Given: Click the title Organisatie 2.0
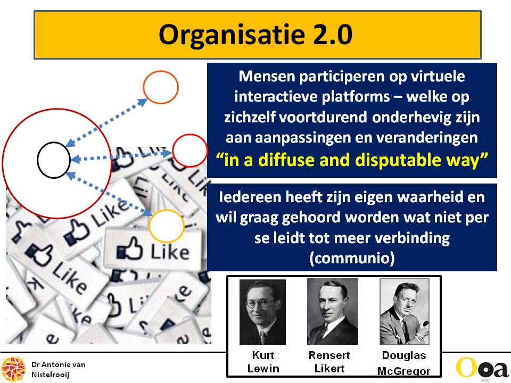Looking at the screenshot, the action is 255,34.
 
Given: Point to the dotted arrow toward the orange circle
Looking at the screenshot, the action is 106,122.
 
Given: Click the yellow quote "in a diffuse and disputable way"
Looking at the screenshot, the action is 352,160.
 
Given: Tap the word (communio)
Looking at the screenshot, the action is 352,258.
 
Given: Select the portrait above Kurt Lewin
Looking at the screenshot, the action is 262,312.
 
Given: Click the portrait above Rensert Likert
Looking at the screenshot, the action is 332,312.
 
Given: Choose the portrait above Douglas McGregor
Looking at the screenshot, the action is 404,312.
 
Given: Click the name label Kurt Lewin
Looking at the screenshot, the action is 263,362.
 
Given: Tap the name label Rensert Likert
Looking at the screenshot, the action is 329,362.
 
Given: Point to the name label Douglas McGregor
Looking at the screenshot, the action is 404,363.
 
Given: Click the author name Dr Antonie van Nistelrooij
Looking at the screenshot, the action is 59,369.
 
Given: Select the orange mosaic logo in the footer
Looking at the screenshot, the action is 13,369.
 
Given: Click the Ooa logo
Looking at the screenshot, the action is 482,369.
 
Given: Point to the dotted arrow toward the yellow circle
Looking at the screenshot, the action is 109,194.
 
